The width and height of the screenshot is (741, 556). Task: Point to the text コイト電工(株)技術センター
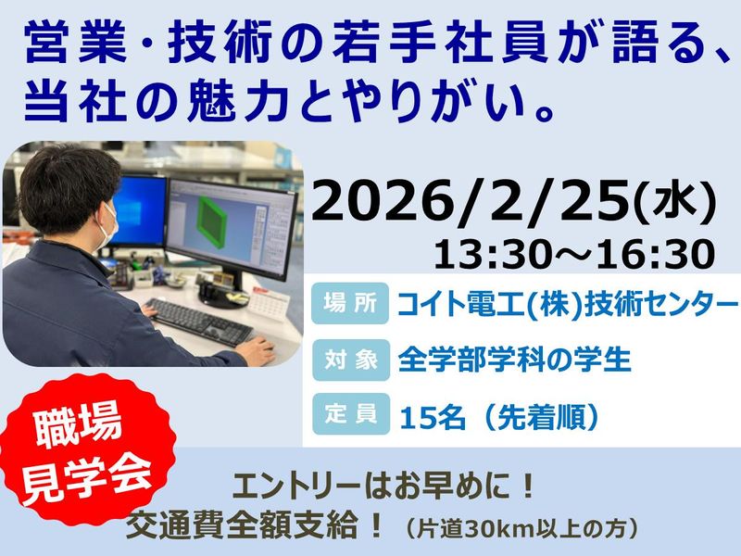567,303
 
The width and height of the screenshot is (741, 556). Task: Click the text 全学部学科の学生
513,359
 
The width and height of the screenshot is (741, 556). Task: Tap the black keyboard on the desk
199,321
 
